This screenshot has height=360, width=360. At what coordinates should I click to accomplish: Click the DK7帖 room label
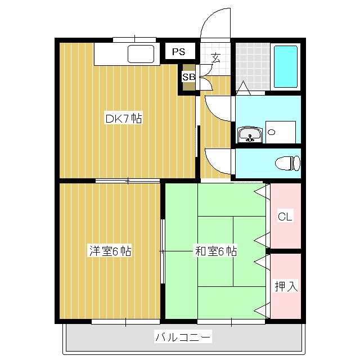pos(124,118)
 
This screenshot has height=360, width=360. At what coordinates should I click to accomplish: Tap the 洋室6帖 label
pos(110,251)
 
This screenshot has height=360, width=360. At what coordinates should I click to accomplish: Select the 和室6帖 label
pos(216,251)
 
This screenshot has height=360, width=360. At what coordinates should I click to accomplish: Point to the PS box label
pos(179,52)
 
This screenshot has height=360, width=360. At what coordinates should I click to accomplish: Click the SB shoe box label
pos(189,76)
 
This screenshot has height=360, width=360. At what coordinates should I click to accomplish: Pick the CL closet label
pos(285,216)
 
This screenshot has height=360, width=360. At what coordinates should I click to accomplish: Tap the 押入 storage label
pos(286,286)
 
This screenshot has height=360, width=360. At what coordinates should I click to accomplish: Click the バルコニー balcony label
pos(183,337)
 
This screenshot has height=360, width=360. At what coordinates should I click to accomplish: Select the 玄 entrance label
pos(216,58)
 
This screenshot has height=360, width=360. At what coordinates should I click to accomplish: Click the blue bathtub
pos(286,66)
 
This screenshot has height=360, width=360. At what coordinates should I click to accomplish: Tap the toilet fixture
pos(287,163)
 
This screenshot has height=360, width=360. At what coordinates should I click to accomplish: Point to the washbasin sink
pos(250,134)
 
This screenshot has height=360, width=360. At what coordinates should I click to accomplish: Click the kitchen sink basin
pos(141,54)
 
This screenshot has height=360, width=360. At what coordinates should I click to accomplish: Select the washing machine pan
pos(281,132)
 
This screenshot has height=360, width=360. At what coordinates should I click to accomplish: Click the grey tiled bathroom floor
pos(253,66)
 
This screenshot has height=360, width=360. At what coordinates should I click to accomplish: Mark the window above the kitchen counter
pos(134,40)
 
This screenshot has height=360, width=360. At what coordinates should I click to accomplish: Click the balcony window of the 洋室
pos(126,322)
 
